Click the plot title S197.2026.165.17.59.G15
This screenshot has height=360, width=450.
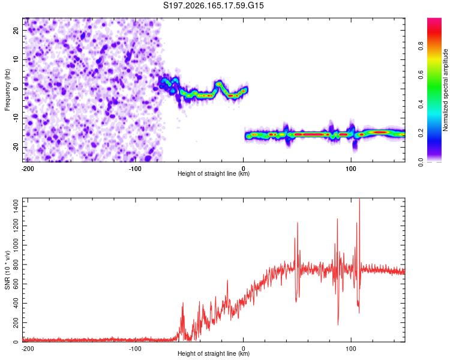point(213,5)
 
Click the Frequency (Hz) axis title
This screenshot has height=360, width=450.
point(7,90)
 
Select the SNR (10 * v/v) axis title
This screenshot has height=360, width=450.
point(7,270)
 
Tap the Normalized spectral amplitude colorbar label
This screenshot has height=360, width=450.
point(445,90)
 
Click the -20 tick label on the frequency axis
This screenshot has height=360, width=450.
point(16,147)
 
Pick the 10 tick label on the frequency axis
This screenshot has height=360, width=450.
point(16,59)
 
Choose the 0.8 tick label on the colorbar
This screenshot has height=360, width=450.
point(421,46)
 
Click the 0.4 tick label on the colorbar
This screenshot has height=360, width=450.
point(421,104)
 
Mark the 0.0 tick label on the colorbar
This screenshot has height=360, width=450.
point(421,162)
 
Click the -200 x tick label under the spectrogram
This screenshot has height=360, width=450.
point(28,169)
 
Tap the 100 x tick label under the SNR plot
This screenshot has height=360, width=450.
point(351,349)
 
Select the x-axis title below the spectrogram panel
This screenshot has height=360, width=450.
point(214,173)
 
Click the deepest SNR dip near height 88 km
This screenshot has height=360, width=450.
point(338,325)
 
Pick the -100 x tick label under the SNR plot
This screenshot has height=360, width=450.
point(135,349)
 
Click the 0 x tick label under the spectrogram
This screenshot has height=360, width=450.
point(244,169)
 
